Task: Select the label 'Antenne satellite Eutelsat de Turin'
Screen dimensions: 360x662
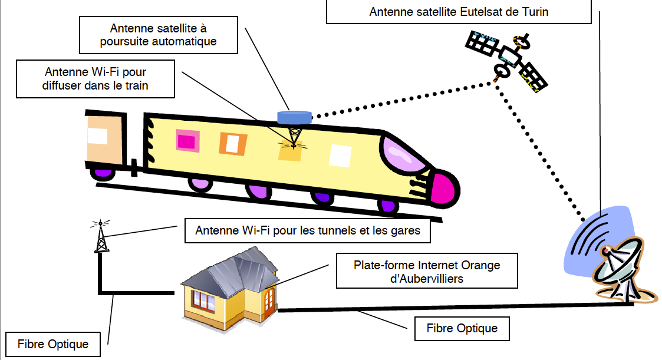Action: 459,12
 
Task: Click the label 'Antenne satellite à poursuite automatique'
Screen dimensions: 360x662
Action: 159,35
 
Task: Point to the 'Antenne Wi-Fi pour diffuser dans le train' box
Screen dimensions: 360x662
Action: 95,79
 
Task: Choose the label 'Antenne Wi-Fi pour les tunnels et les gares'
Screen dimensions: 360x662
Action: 307,230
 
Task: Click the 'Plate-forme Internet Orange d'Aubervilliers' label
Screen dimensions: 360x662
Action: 427,272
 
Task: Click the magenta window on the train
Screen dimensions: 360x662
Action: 186,141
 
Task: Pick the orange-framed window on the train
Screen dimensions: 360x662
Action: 232,143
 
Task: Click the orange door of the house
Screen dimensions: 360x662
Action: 269,299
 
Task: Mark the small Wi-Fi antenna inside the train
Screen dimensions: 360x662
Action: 293,139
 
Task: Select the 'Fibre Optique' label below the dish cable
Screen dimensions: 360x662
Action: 462,329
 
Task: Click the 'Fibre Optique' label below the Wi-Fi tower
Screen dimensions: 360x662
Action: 53,344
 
